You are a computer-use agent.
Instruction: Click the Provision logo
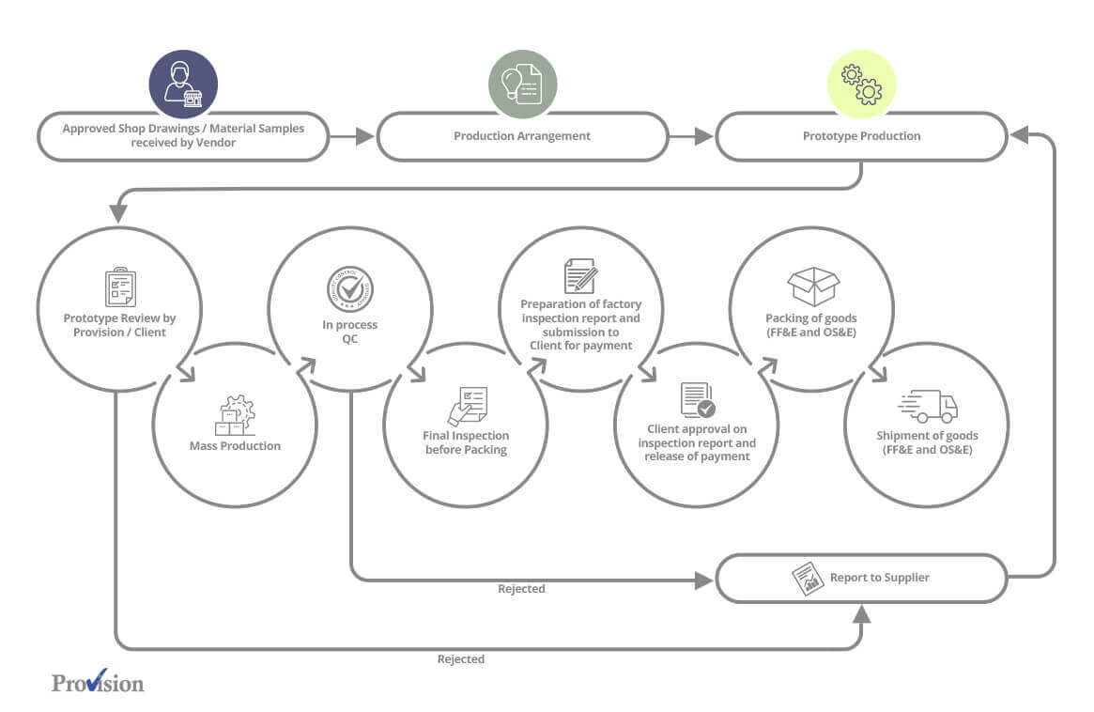coord(98,682)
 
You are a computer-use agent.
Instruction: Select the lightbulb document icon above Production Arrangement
coord(523,85)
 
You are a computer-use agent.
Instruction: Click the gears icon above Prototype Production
coord(862,85)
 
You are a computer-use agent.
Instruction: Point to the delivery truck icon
coord(928,407)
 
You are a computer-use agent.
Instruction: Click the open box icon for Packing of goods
coord(812,286)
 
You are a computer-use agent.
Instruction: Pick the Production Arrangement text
coord(522,136)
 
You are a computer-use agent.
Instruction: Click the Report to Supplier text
coord(879,578)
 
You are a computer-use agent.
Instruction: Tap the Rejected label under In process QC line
coord(521,589)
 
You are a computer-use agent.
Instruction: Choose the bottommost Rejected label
coord(461,659)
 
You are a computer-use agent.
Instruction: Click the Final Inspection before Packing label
coord(466,442)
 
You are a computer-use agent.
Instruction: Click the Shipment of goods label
coord(927,442)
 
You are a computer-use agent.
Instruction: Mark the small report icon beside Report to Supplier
coord(808,579)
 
